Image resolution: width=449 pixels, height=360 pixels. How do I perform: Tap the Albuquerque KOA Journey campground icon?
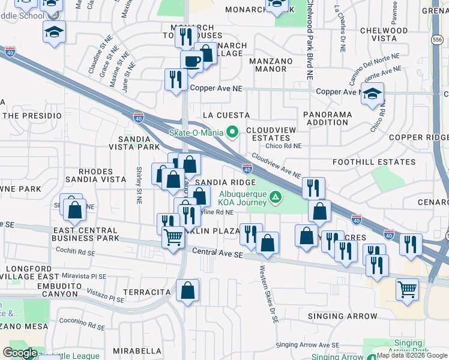coord(275,197)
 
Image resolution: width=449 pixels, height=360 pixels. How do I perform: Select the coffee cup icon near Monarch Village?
coord(192,61)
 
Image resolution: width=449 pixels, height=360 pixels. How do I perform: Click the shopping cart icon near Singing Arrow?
coord(407,290)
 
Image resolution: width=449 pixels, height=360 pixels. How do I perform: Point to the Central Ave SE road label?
coord(217,254)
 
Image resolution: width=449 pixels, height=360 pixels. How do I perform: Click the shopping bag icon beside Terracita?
coord(187,291)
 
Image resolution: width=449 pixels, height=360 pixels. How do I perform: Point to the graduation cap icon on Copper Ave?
coord(372,93)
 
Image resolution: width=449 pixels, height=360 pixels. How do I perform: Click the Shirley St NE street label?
coord(139,184)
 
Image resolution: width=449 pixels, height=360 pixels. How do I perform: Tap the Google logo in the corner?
coord(20,353)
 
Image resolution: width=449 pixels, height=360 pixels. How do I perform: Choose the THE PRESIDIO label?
coord(32,115)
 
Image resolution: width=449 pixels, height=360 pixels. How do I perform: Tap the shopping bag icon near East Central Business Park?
coord(75,210)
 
